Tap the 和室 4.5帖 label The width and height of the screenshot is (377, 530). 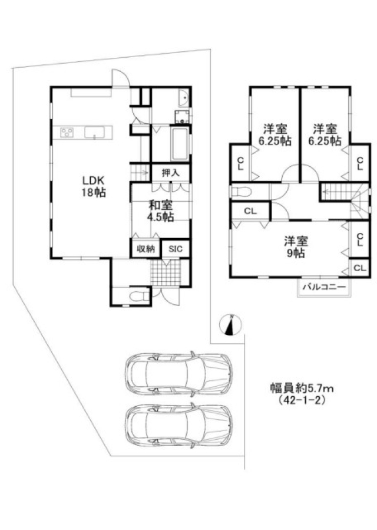160,211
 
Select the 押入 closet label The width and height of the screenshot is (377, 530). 171,173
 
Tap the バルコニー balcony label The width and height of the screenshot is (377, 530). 324,288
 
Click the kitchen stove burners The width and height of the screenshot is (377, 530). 64,132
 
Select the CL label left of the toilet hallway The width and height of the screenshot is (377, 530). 250,210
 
